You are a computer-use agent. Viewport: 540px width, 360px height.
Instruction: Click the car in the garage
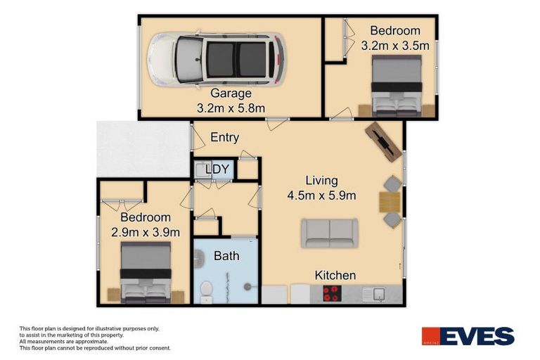[216, 58]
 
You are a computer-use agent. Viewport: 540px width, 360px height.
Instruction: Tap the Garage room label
[231, 93]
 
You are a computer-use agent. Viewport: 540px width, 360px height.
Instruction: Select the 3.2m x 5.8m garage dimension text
[231, 108]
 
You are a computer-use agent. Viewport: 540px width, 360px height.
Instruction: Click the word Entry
[225, 138]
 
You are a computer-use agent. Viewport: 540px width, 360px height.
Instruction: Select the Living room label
[321, 181]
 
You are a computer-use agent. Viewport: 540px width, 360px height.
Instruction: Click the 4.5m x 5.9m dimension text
[321, 195]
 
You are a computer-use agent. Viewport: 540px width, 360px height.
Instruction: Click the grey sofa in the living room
[329, 233]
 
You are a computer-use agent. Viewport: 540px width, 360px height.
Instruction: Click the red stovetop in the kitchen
[331, 293]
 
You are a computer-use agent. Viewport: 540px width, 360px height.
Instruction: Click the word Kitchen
[335, 275]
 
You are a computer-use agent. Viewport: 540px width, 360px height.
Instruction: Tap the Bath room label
[226, 256]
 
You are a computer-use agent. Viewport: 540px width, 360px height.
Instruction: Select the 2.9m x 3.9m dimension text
[146, 232]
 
